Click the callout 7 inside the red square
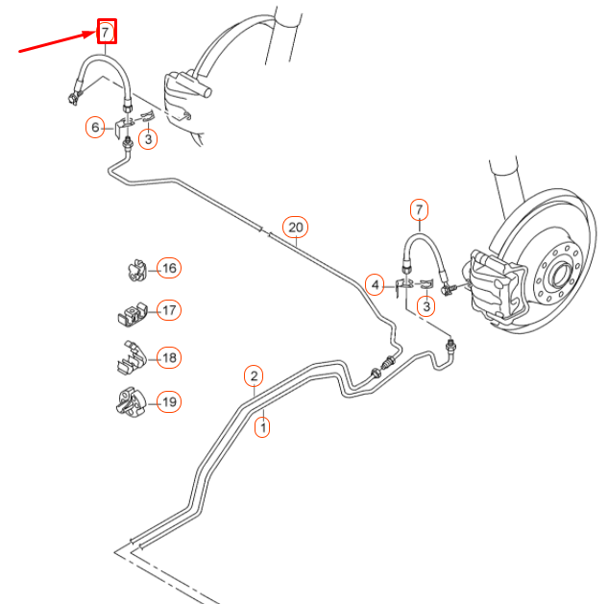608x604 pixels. click(106, 32)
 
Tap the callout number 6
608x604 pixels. click(95, 127)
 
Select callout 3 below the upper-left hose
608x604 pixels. click(148, 139)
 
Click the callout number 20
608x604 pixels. click(296, 228)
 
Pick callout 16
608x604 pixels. click(169, 268)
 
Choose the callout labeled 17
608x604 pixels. click(169, 310)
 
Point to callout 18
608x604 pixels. click(169, 357)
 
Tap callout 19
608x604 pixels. click(169, 402)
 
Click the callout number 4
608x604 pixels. click(375, 285)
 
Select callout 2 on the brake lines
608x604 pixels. click(254, 375)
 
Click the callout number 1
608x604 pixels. click(262, 427)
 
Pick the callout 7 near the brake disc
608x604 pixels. click(419, 209)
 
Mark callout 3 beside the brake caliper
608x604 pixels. click(426, 306)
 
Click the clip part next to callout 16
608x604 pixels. click(137, 270)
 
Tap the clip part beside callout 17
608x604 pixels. click(133, 314)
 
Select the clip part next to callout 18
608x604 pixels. click(131, 358)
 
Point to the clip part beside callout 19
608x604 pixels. click(132, 402)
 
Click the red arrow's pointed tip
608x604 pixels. click(96, 34)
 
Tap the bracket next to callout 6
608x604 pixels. click(121, 127)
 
